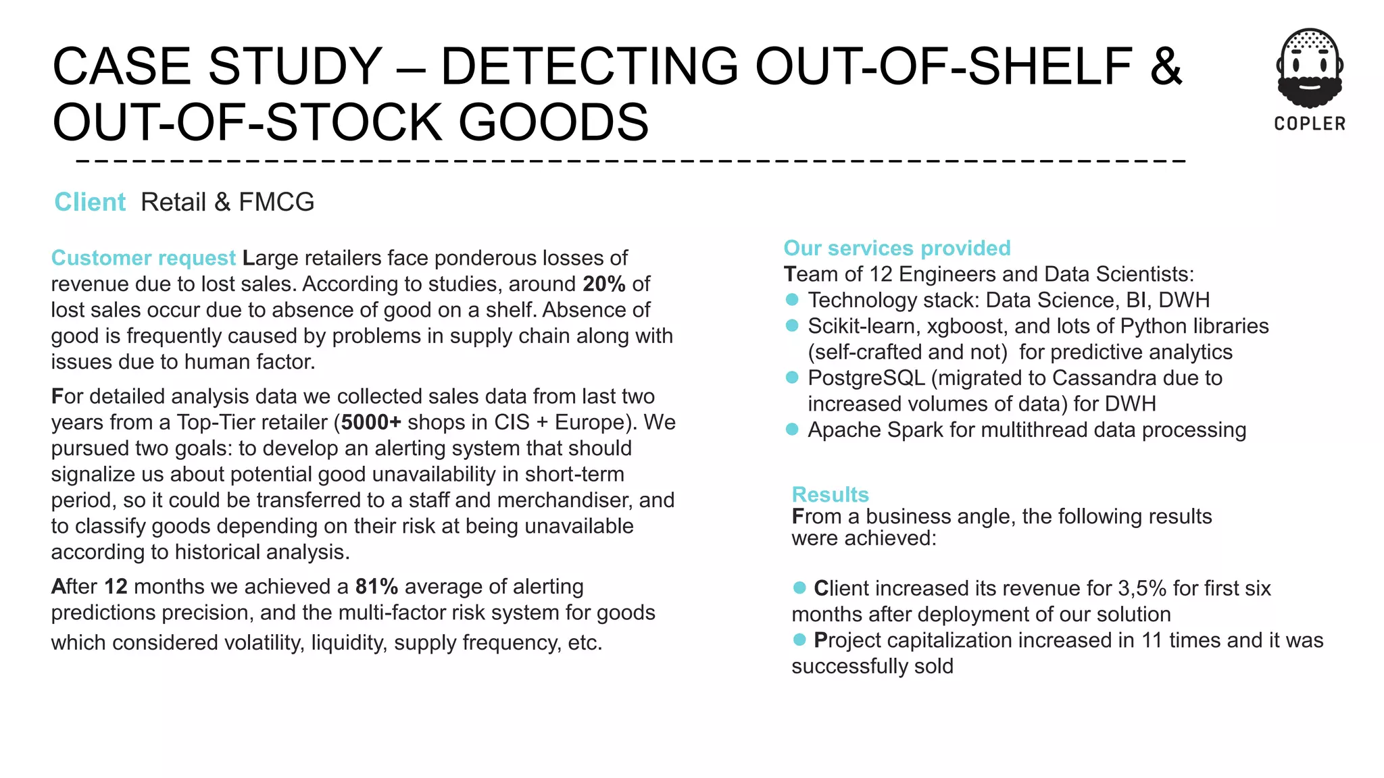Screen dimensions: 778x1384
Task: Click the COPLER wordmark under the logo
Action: tap(1310, 124)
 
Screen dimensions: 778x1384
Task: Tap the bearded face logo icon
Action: tap(1310, 68)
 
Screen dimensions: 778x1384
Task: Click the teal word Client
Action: tap(90, 202)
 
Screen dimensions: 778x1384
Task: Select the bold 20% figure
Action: tap(604, 284)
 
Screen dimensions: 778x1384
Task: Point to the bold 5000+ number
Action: tap(371, 422)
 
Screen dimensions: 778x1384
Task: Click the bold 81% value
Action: tap(376, 586)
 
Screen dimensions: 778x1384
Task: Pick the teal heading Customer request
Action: tap(143, 258)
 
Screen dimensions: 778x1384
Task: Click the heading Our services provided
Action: tap(897, 248)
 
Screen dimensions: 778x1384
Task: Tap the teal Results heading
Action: tap(830, 494)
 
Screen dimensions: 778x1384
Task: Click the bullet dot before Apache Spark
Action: tap(793, 430)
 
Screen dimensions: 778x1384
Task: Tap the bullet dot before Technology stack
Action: tap(793, 299)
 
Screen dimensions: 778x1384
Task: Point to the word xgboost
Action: tap(966, 326)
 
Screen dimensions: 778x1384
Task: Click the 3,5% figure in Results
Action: tap(1142, 588)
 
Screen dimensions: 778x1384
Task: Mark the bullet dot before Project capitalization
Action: tap(799, 640)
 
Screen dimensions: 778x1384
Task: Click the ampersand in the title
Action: tap(1166, 66)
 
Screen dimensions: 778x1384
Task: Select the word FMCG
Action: tap(276, 202)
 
